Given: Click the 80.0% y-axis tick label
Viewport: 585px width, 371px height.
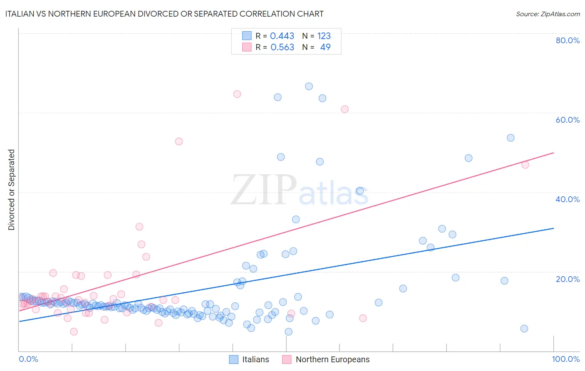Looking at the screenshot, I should click(568, 40).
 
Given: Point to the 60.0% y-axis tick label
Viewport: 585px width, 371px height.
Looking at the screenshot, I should click(568, 120).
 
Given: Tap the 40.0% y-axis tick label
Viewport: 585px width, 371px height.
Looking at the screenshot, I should click(568, 199).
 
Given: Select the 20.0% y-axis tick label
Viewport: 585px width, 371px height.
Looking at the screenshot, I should click(568, 279).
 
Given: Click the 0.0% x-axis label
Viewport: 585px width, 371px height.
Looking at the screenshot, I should click(28, 359).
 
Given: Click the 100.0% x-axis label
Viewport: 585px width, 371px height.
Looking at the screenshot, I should click(565, 359).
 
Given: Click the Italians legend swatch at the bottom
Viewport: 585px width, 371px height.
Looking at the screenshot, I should click(234, 359).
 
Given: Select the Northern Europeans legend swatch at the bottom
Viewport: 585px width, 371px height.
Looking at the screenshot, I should click(287, 359).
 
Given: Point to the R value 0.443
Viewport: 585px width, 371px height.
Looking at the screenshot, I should click(282, 36).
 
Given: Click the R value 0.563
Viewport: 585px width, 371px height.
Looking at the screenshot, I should click(282, 47).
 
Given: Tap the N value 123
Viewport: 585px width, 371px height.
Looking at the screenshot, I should click(324, 36).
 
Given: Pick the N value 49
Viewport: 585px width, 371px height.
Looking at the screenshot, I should click(325, 47).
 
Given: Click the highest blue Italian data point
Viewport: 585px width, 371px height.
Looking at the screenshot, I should click(309, 87).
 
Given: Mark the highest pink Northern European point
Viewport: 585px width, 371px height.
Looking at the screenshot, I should click(237, 94).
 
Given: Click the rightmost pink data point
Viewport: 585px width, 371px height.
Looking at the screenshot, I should click(525, 165).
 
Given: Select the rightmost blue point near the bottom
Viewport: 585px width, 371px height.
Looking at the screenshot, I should click(524, 329).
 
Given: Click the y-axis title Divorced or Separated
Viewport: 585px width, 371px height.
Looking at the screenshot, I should click(11, 190).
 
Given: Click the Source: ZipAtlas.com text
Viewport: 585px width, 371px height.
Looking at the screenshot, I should click(548, 14).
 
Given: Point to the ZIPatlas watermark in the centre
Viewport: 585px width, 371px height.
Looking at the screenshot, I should click(300, 190).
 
